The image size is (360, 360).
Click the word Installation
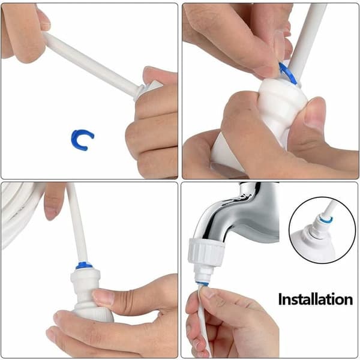tap(316, 299)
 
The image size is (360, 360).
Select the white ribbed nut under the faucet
tap(206, 252)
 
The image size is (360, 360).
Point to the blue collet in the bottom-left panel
tap(84, 265)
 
